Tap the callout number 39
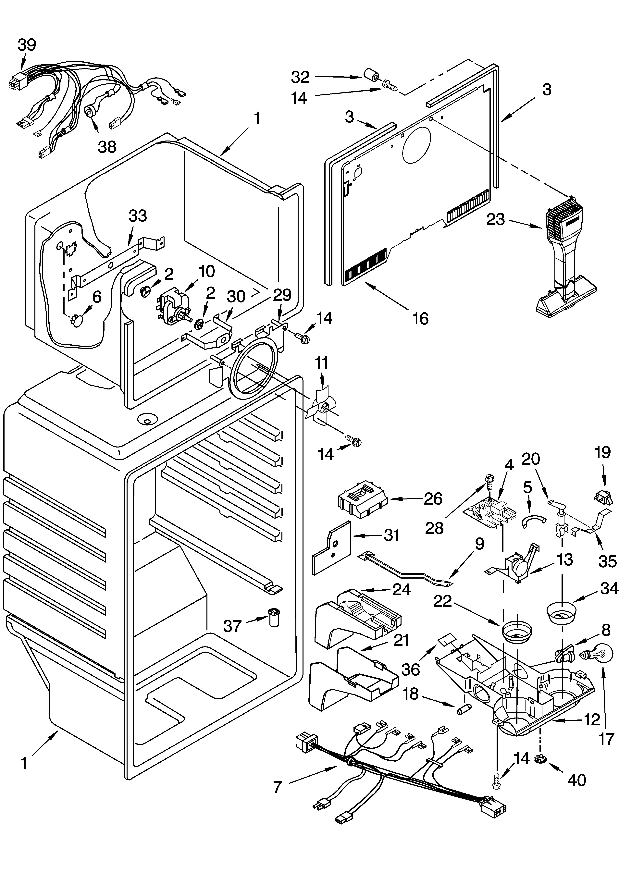click(27, 45)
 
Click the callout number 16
click(420, 318)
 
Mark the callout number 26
click(433, 498)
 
